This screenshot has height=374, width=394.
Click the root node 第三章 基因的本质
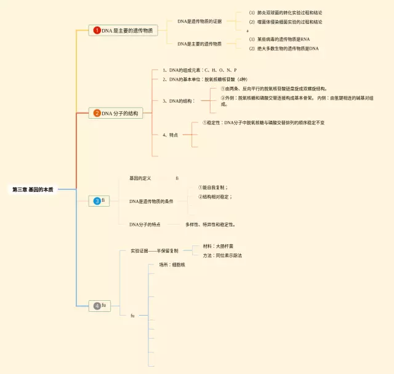[33, 189]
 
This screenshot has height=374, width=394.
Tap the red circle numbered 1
[97, 30]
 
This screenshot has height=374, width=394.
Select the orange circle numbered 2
[97, 113]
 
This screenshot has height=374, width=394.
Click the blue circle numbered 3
[97, 201]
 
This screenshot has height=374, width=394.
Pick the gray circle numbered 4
[97, 306]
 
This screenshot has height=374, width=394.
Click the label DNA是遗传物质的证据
[199, 22]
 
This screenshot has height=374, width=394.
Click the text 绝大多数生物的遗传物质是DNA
[283, 48]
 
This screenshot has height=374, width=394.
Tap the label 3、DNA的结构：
[178, 100]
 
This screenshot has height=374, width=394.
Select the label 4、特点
[171, 135]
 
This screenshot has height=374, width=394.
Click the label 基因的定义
[140, 178]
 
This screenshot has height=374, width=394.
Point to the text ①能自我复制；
[213, 187]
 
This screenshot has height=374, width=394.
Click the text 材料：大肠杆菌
[218, 246]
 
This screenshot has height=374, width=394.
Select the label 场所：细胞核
[172, 265]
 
